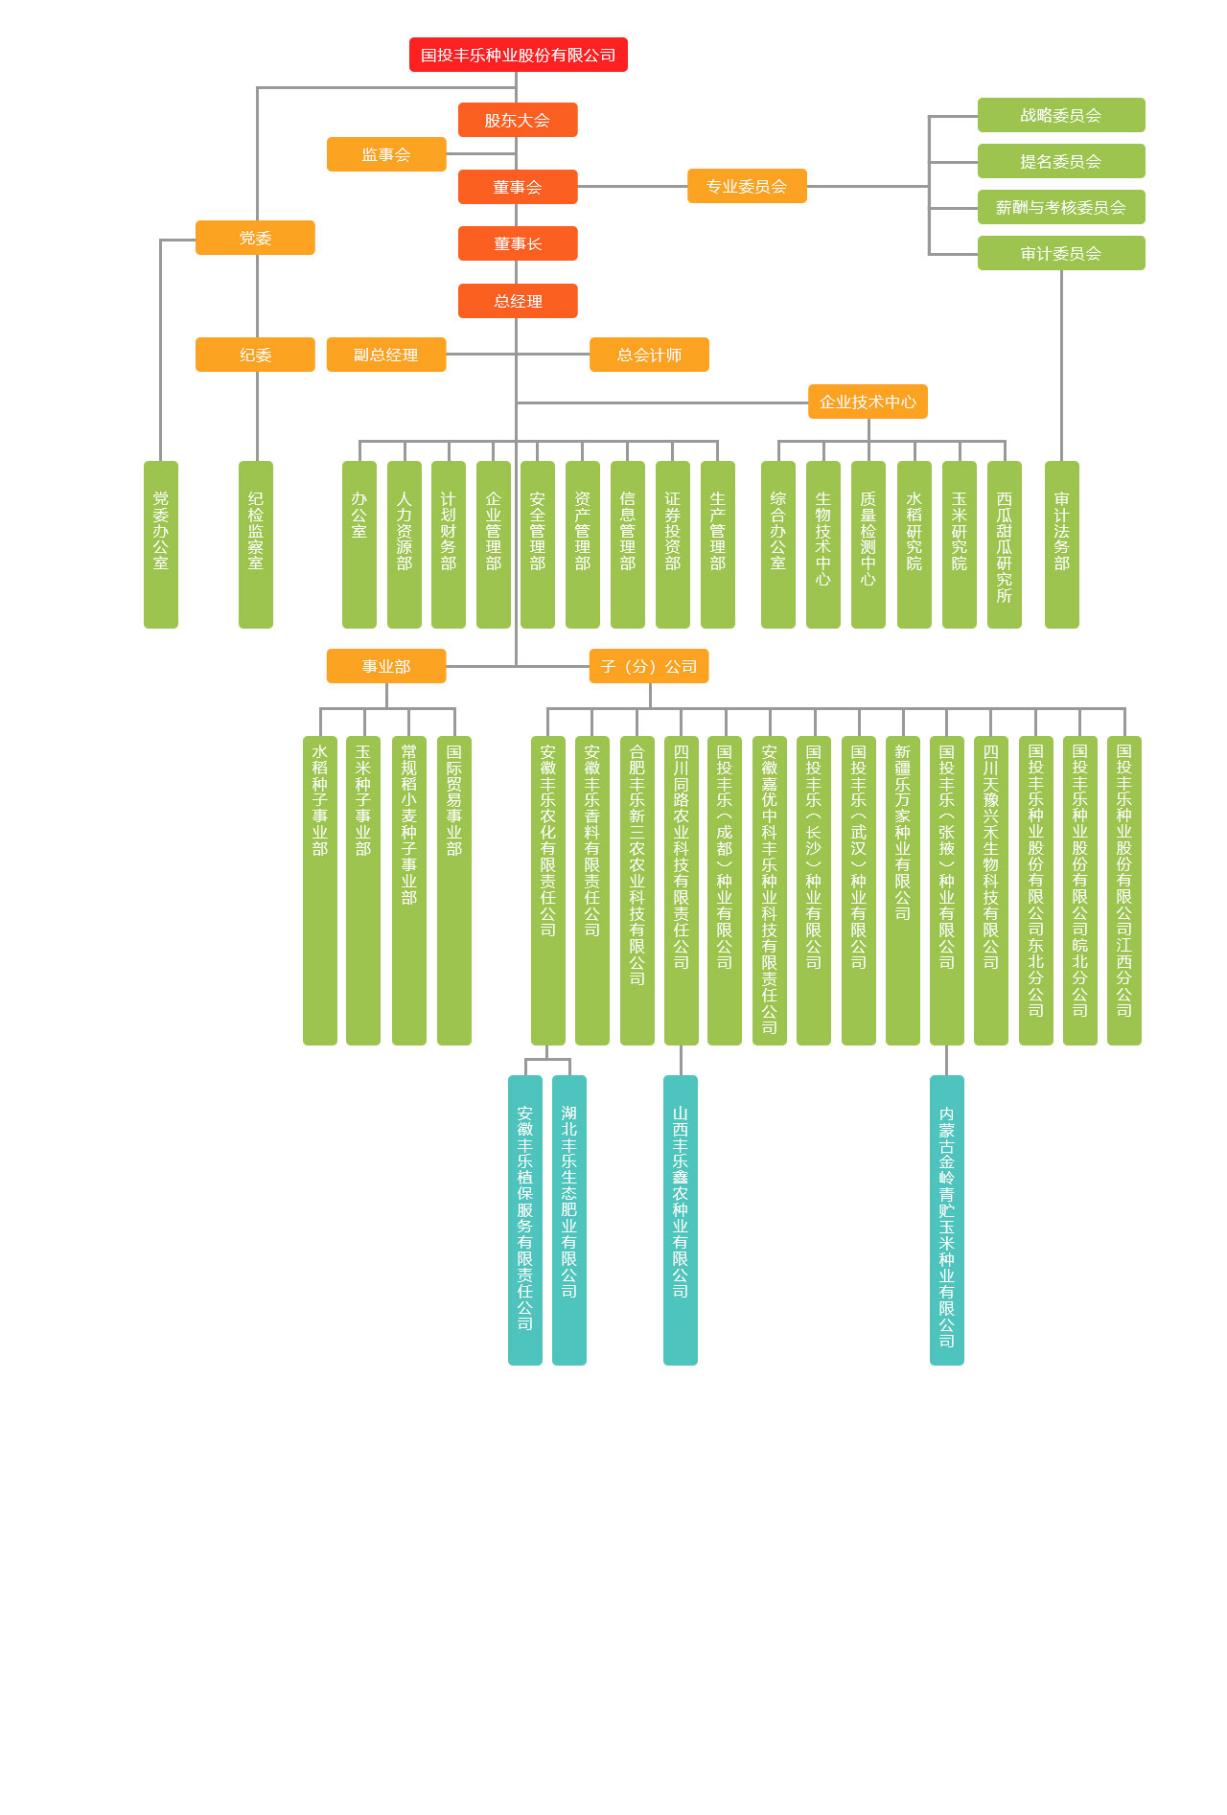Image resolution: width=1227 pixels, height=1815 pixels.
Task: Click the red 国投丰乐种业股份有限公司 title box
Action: tap(518, 55)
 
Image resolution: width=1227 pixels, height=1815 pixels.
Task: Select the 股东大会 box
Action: tap(518, 120)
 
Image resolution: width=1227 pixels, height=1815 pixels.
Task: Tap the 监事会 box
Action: tap(386, 154)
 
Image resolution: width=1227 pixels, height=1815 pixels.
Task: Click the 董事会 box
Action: tap(518, 187)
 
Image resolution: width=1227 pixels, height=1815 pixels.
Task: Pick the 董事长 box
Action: tap(518, 243)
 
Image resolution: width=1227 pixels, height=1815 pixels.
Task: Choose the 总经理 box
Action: tap(518, 301)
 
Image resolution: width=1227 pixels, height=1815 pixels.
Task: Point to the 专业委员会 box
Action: tap(747, 186)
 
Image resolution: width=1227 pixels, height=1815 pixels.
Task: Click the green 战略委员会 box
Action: tap(1061, 115)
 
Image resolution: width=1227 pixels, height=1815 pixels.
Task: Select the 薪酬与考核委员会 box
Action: tap(1061, 207)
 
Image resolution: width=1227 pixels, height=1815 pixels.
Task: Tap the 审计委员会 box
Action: tap(1061, 253)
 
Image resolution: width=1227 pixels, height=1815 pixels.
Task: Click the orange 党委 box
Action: tap(255, 238)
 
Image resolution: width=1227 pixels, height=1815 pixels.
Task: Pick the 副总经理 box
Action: tap(386, 355)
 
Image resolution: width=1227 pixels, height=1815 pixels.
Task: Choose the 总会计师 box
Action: tap(649, 355)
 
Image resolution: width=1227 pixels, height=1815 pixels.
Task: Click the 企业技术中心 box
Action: tap(868, 402)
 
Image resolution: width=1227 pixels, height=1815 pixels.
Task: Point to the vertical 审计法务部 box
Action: tap(1061, 544)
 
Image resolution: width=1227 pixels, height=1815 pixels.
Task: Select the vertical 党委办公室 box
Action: tap(161, 544)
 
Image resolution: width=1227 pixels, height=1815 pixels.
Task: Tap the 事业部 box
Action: tap(386, 666)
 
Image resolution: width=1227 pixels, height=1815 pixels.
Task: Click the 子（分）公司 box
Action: tap(649, 666)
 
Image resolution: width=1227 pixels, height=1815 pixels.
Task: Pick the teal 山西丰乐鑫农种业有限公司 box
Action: tap(681, 1219)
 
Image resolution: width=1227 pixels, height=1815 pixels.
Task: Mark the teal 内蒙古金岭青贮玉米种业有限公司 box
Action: tap(947, 1219)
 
